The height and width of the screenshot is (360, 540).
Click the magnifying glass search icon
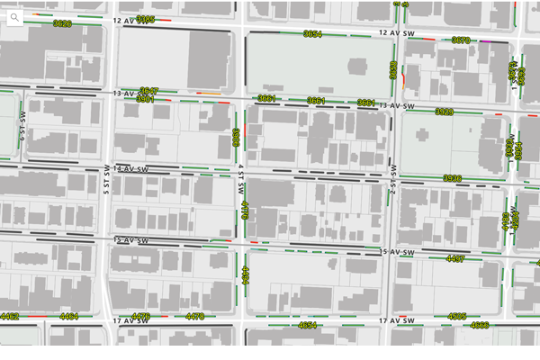pos(15,17)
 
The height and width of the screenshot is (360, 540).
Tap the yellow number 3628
pos(62,24)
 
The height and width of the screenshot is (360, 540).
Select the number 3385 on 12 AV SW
pos(146,19)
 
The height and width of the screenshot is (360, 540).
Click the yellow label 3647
pos(149,91)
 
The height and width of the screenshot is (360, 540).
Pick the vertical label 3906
pos(236,137)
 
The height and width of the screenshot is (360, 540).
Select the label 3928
pos(444,112)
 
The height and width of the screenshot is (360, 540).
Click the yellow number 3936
pos(452,178)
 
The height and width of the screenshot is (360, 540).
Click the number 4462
pos(10,317)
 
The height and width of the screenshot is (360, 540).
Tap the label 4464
pos(69,317)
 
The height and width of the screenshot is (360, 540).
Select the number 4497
pos(455,259)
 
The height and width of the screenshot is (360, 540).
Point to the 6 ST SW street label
pos(23,126)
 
